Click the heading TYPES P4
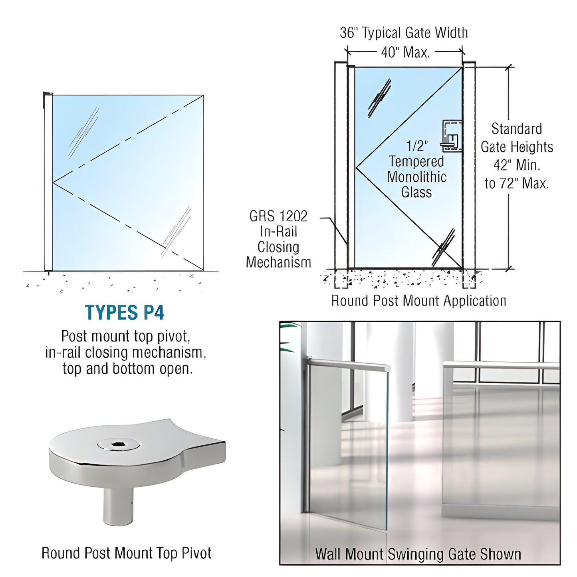[x=125, y=313]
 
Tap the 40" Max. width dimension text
[x=405, y=52]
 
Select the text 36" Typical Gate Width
[x=404, y=33]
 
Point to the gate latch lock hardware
[x=451, y=136]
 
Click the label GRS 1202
[x=278, y=216]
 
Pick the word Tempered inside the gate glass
[x=416, y=161]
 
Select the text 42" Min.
[x=516, y=165]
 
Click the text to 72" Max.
[x=516, y=183]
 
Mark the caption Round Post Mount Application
[x=418, y=301]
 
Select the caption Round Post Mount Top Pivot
[x=127, y=553]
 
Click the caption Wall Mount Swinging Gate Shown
[x=418, y=554]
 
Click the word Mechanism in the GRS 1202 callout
[x=278, y=262]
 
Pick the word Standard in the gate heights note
[x=516, y=129]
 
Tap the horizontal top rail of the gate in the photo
[x=347, y=363]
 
